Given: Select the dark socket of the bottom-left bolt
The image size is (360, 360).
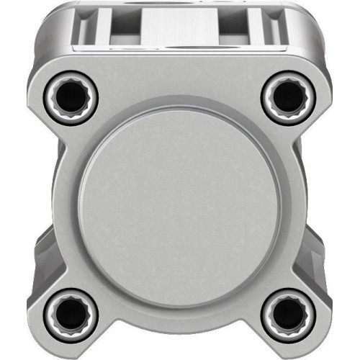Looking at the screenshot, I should point(71,313).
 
